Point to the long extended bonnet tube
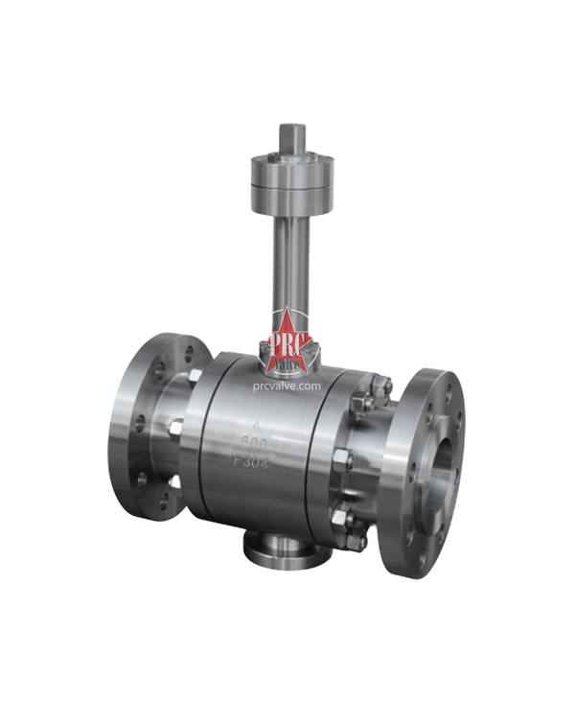pyautogui.click(x=287, y=259)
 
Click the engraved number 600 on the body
pyautogui.click(x=255, y=444)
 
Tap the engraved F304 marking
pyautogui.click(x=253, y=463)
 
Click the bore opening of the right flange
pyautogui.click(x=443, y=474)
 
